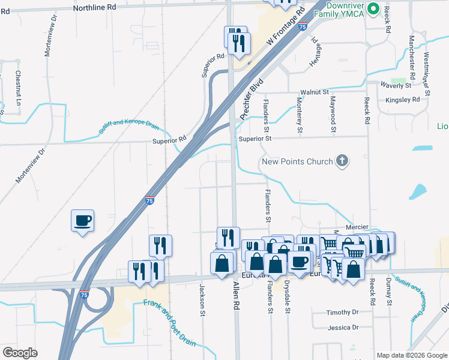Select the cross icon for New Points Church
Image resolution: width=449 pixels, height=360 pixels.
click(x=342, y=161)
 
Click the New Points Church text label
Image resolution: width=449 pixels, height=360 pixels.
click(x=297, y=162)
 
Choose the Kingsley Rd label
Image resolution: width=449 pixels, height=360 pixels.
click(x=402, y=100)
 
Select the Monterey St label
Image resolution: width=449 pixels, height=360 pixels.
click(x=299, y=114)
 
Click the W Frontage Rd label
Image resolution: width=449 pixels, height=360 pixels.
click(x=282, y=31)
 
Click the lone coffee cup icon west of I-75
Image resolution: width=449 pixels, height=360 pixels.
click(x=83, y=220)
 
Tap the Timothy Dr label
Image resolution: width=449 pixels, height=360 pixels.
click(x=342, y=313)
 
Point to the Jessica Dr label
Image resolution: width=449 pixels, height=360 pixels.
click(x=343, y=328)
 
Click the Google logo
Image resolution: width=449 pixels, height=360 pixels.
click(x=20, y=353)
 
